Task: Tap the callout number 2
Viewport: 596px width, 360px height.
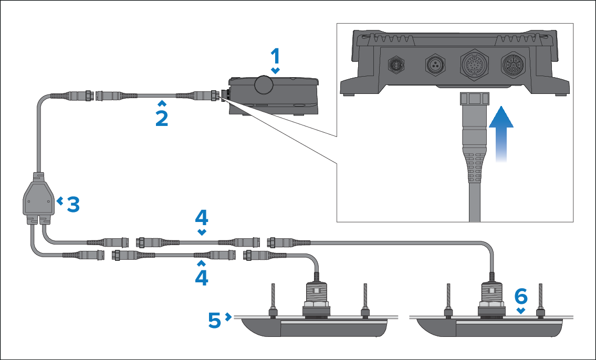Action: [162, 118]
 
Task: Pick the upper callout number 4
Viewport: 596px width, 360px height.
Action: [202, 218]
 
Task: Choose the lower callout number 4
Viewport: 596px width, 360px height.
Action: [202, 277]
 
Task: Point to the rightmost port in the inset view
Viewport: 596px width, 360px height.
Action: [512, 66]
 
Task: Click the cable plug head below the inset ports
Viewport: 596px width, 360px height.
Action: [474, 102]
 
